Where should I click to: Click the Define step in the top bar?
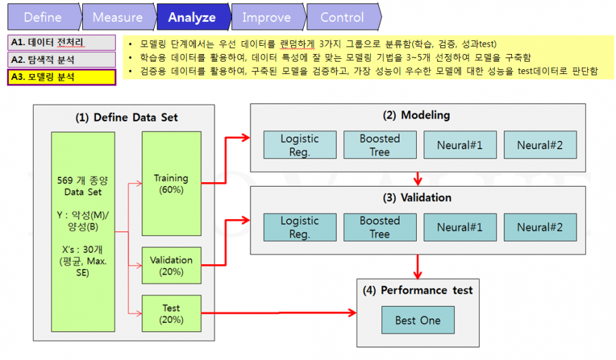click(x=44, y=17)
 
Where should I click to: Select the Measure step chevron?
click(x=118, y=17)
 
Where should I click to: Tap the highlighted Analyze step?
click(x=193, y=17)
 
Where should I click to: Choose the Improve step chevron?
click(x=268, y=17)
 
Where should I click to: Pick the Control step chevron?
click(x=344, y=17)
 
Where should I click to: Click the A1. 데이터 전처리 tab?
click(x=62, y=42)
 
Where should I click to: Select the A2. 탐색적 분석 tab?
click(x=62, y=60)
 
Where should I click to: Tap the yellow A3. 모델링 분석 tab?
click(x=62, y=77)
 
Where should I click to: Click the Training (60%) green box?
click(x=171, y=183)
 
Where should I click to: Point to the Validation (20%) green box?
click(x=171, y=266)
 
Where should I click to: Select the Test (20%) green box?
click(x=171, y=313)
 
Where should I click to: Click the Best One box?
click(x=418, y=320)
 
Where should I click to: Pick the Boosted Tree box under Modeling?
click(x=380, y=145)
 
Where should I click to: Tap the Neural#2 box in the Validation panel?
click(x=540, y=227)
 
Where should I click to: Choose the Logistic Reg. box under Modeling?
click(x=300, y=145)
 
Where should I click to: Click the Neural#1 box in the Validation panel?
click(x=460, y=227)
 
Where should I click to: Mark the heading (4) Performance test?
click(x=418, y=290)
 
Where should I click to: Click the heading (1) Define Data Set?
click(x=127, y=118)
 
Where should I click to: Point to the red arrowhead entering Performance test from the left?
click(x=352, y=313)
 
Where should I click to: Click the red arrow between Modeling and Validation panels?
click(x=418, y=179)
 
